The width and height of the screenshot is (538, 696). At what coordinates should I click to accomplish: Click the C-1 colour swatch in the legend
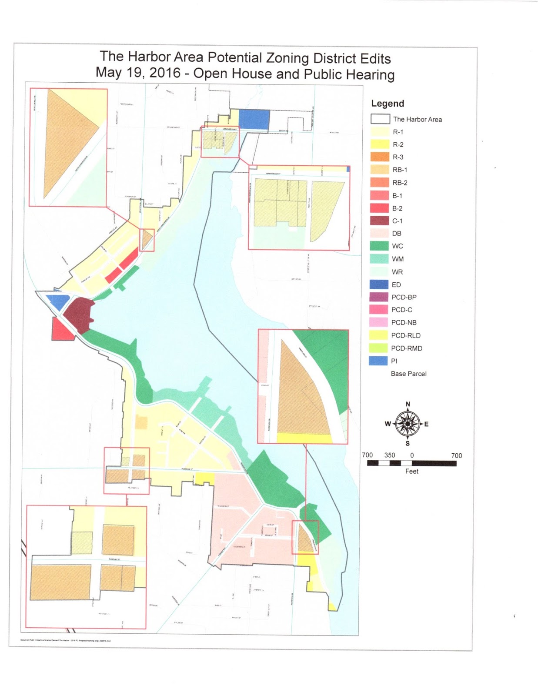tap(379, 221)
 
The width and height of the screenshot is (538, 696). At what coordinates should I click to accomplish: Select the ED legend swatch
tap(379, 284)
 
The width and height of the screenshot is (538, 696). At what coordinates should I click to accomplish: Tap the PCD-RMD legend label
tap(407, 348)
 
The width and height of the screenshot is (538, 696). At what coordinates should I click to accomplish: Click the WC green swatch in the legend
tap(379, 246)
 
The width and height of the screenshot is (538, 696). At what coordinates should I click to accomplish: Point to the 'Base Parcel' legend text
tap(408, 374)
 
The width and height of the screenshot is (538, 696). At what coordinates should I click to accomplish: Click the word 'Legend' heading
tap(387, 104)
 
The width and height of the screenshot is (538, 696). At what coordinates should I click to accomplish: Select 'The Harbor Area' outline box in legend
tap(380, 119)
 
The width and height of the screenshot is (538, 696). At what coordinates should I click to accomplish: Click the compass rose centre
tap(408, 424)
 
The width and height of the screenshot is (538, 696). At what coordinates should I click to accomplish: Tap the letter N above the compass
tap(408, 405)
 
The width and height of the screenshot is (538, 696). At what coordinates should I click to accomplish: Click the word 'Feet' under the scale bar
tap(411, 472)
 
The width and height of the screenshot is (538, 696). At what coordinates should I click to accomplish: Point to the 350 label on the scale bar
tap(389, 455)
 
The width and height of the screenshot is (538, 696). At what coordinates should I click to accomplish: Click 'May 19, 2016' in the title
tap(138, 73)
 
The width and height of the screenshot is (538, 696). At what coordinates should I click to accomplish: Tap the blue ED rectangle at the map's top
tap(254, 119)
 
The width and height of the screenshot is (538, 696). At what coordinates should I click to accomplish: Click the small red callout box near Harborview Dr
tap(147, 240)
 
